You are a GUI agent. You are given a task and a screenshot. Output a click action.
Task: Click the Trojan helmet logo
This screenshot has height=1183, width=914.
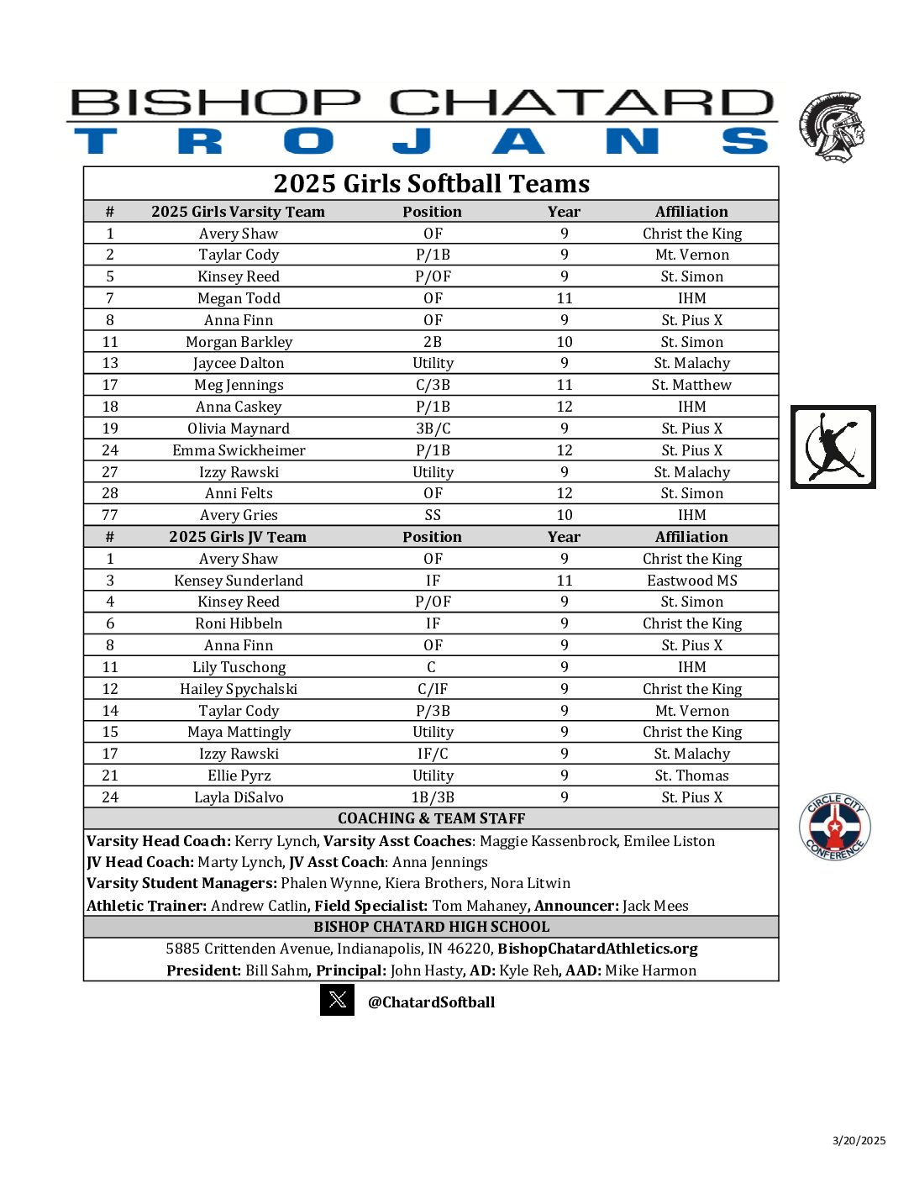(831, 127)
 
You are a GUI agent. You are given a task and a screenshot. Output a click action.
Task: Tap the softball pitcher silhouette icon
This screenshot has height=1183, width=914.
(833, 446)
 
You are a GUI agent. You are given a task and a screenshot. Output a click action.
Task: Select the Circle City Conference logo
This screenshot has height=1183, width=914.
(834, 827)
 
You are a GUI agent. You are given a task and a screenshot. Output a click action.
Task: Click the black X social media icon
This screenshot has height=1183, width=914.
(337, 1000)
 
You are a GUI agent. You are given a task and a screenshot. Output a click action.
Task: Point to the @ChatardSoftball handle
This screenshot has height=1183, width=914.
(431, 1002)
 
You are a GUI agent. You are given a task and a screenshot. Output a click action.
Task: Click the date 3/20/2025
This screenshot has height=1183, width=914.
(859, 1140)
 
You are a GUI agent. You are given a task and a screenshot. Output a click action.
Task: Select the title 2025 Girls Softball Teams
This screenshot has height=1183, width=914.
(431, 183)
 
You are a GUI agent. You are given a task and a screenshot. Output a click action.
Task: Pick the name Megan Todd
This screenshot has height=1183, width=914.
(239, 298)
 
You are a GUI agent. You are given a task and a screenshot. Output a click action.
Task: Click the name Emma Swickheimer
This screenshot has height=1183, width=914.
(239, 450)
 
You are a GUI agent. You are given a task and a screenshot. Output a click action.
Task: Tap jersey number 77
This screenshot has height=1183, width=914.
(110, 515)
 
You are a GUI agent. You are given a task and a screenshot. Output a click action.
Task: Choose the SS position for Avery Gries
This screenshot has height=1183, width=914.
(433, 515)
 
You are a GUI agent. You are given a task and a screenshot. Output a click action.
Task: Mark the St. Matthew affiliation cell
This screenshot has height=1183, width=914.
(691, 385)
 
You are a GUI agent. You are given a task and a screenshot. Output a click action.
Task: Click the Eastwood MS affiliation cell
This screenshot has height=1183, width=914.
(691, 581)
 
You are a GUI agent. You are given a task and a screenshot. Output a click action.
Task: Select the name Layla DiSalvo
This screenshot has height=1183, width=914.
(239, 797)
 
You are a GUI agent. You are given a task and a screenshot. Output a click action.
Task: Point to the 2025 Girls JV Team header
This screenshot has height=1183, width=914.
(238, 537)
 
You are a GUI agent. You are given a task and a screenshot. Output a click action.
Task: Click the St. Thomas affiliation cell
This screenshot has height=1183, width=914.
(691, 776)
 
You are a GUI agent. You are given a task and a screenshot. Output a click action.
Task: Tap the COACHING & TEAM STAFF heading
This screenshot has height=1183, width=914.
(431, 818)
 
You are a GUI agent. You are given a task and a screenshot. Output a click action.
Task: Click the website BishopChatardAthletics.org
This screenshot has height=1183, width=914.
(597, 949)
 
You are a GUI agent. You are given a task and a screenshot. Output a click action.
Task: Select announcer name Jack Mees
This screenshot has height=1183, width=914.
(655, 906)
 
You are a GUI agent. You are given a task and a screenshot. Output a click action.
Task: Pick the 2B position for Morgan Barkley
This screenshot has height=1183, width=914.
(433, 342)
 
